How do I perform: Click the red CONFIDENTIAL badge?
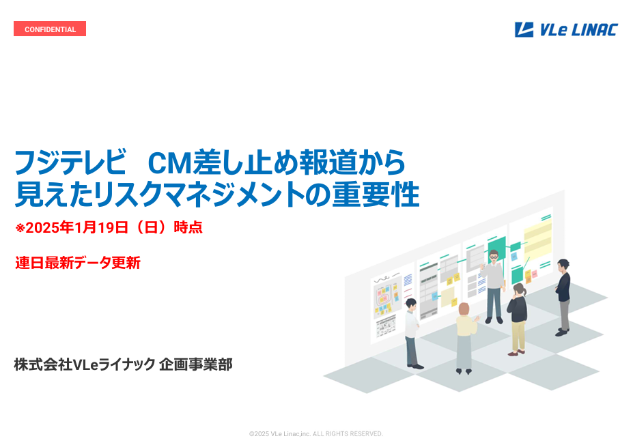point(50,29)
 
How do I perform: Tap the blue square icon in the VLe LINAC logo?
point(524,30)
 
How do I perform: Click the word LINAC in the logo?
point(595,30)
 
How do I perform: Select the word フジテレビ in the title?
point(70,162)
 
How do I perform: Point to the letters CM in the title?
point(169,162)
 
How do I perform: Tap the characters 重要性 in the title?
point(376,195)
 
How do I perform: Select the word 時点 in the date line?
point(188,227)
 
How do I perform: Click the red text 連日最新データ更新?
point(78,263)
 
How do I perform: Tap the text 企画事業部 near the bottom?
point(196,364)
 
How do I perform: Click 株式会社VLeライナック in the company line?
point(85,364)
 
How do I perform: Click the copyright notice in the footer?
point(316,433)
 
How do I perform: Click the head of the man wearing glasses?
point(494,256)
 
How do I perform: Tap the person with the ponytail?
point(518,317)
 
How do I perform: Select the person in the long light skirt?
point(465,338)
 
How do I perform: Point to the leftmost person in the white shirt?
point(412,333)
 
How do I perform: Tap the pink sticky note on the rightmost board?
point(535,274)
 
